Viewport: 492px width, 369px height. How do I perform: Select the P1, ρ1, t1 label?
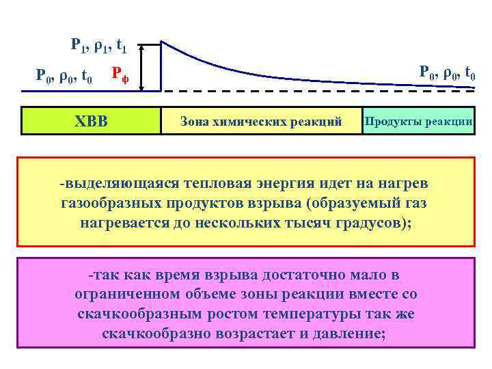(98, 46)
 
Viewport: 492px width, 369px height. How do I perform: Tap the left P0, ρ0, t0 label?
(64, 74)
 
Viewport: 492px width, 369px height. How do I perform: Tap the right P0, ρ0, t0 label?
(448, 71)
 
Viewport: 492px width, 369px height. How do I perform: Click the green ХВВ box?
(90, 121)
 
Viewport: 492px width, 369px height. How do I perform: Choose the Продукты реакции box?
(418, 120)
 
